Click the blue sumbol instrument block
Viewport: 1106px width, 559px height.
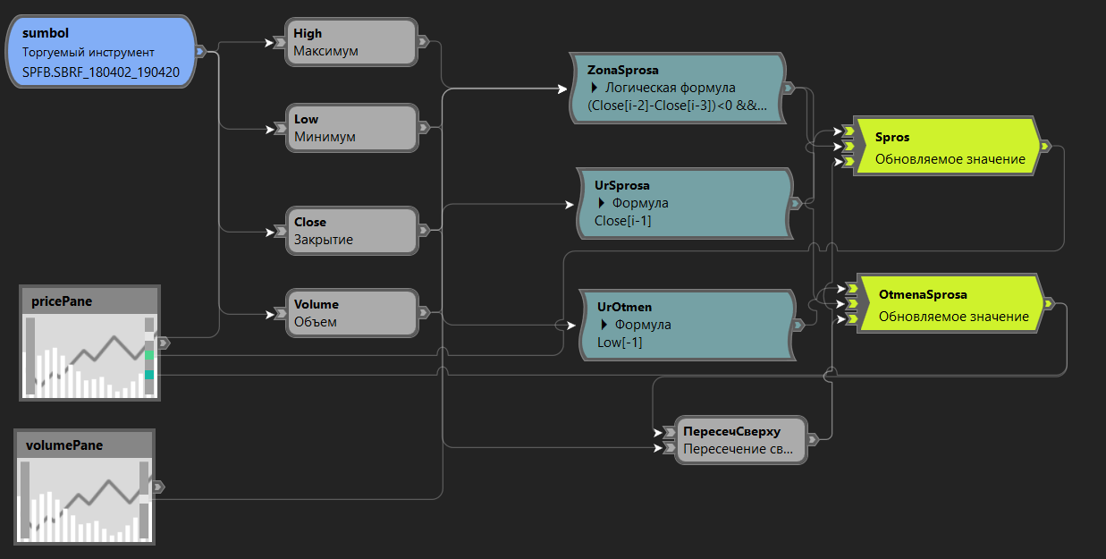click(x=103, y=51)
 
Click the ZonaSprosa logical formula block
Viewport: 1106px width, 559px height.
click(x=676, y=88)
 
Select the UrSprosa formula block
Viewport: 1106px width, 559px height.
click(x=683, y=203)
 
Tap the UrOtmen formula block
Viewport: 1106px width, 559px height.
click(x=686, y=325)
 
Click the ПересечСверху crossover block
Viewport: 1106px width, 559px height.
click(x=740, y=440)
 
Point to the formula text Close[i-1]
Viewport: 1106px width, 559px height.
click(x=622, y=221)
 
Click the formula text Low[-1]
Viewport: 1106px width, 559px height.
click(x=620, y=343)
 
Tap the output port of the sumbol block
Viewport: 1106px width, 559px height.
click(x=200, y=51)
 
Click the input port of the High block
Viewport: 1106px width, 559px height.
click(x=280, y=42)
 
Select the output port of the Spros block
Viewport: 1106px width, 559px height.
click(x=1046, y=146)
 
